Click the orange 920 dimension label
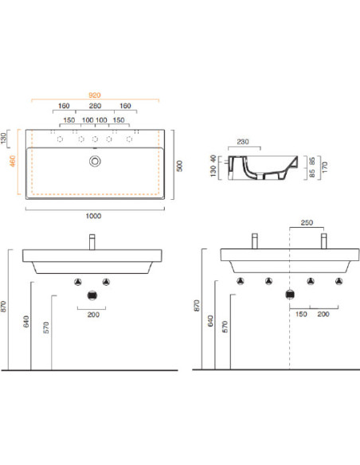pos(95,96)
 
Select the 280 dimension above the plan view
pos(96,106)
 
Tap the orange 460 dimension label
pos(13,161)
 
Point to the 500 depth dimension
pos(180,166)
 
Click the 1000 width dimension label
pos(93,216)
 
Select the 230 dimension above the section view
pos(243,142)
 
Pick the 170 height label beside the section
pos(324,167)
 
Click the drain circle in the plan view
pos(95,162)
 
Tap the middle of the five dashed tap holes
pos(95,139)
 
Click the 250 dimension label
pos(307,222)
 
